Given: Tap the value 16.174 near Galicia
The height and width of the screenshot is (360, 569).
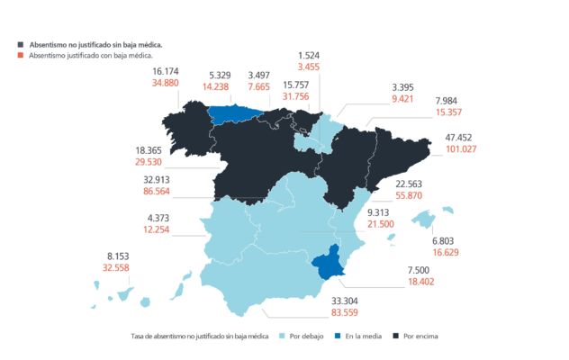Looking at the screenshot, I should pyautogui.click(x=169, y=70).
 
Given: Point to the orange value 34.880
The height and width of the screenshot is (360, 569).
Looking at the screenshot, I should pyautogui.click(x=169, y=83).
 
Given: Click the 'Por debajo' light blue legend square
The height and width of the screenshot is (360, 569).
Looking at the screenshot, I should pyautogui.click(x=284, y=336).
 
